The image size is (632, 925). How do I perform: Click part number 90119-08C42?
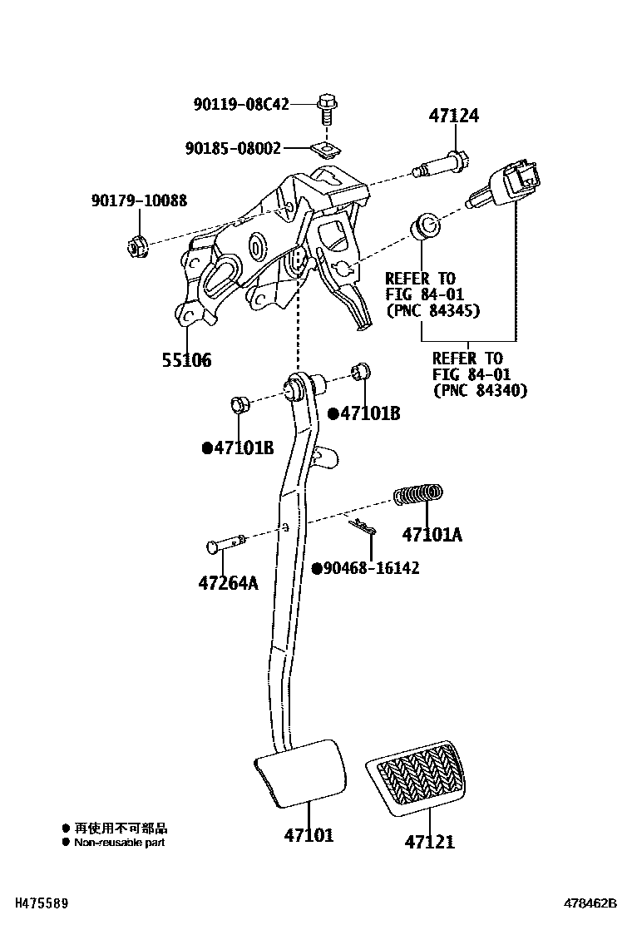click(241, 105)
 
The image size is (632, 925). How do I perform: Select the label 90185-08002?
click(233, 149)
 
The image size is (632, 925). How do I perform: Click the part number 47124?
click(453, 116)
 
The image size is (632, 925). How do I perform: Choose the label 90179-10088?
click(139, 200)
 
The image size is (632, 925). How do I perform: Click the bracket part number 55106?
click(186, 360)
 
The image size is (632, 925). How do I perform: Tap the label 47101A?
click(431, 534)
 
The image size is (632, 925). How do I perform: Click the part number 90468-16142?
click(370, 568)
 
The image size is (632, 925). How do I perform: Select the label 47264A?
click(227, 583)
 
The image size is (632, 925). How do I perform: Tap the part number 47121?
click(430, 842)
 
